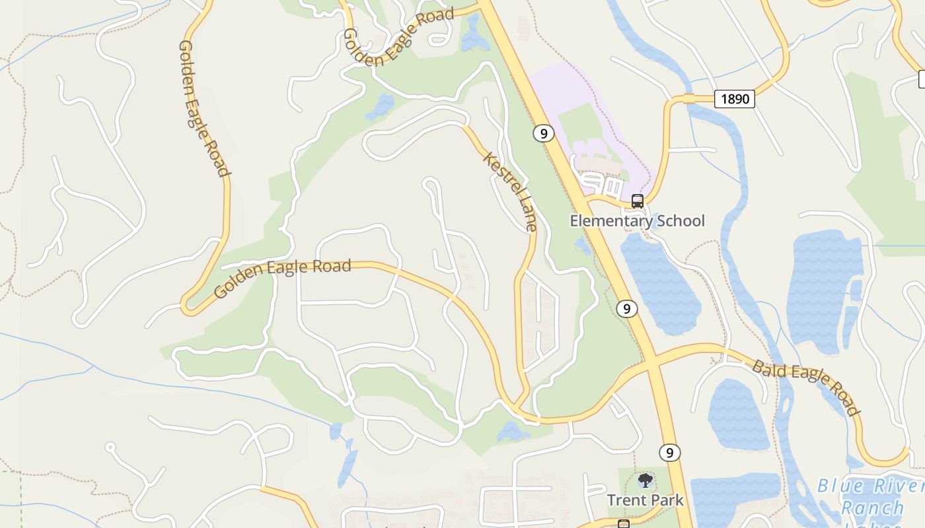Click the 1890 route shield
click(735, 99)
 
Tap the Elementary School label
click(637, 220)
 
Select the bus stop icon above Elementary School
click(637, 201)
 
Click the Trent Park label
click(645, 500)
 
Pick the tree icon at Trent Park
click(645, 480)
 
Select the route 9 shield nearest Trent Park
click(669, 453)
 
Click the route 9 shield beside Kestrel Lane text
click(543, 133)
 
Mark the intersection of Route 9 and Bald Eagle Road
click(651, 362)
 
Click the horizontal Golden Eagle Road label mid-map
click(283, 277)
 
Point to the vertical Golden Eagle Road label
click(203, 109)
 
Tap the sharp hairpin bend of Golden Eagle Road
click(187, 306)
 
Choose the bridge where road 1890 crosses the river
click(689, 99)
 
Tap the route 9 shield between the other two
click(626, 308)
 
